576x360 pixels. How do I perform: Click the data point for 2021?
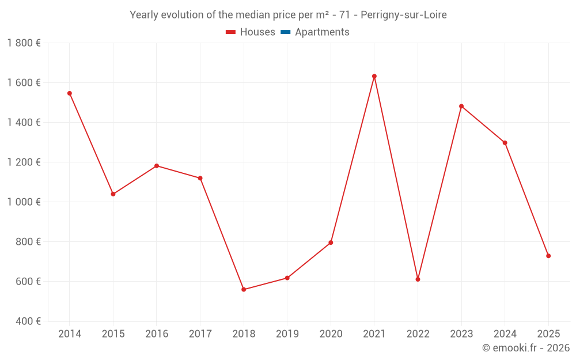click(x=374, y=76)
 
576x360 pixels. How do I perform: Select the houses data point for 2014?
click(x=70, y=93)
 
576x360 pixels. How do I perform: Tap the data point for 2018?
click(x=244, y=289)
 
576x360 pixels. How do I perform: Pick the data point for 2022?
click(x=418, y=279)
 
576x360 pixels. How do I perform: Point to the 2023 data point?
click(x=461, y=106)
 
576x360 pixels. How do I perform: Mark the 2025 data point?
click(x=548, y=256)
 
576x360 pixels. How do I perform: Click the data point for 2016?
click(x=157, y=166)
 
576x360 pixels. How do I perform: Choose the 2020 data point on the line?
click(x=331, y=242)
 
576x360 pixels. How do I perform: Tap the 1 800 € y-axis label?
click(x=24, y=43)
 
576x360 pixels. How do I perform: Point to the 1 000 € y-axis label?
click(x=24, y=202)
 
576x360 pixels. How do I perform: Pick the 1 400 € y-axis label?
click(x=24, y=123)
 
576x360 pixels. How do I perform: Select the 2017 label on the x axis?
click(x=200, y=334)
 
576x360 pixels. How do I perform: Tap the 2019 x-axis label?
click(x=287, y=334)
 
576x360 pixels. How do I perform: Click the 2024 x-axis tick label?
click(x=505, y=334)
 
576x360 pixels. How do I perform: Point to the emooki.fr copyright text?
click(x=526, y=348)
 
